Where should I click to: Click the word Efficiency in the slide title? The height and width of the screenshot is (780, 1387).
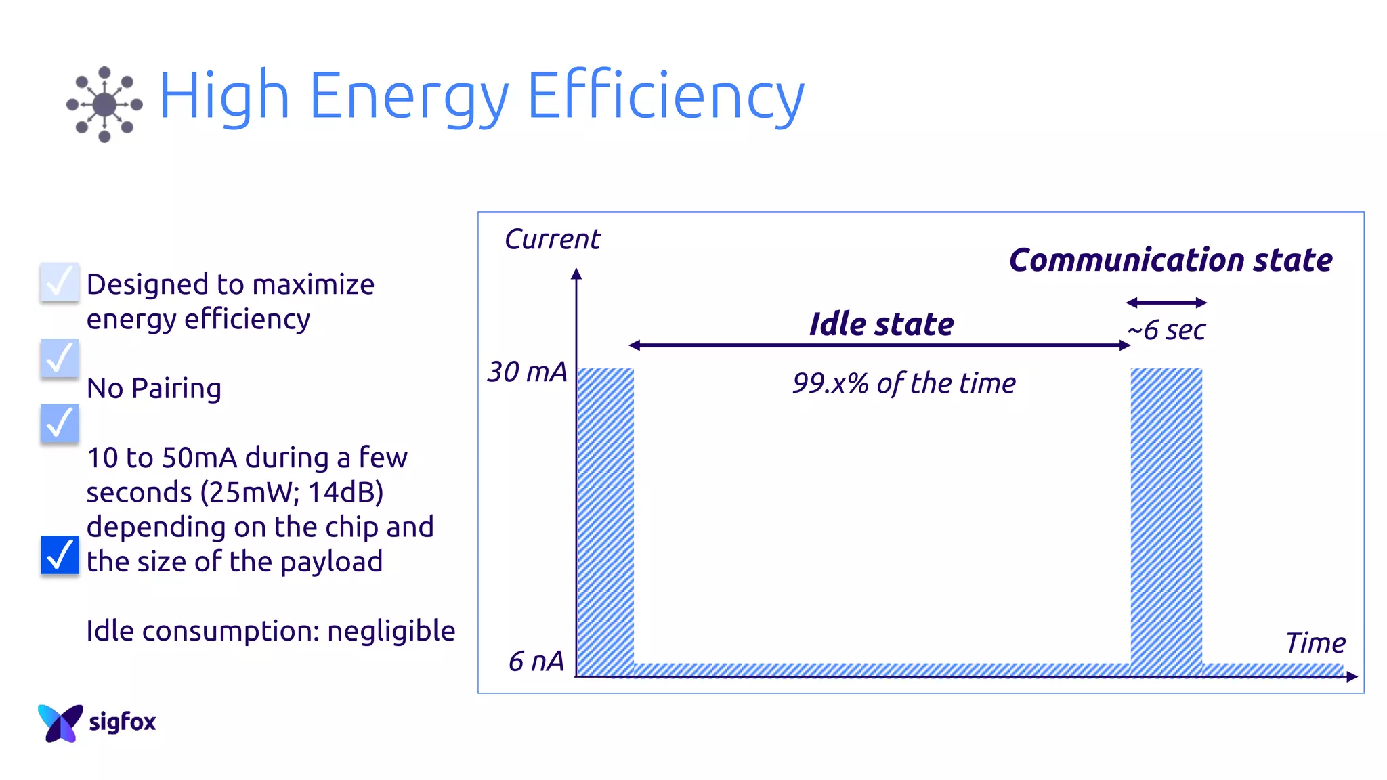point(665,96)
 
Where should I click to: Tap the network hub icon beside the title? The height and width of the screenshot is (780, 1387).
point(104,104)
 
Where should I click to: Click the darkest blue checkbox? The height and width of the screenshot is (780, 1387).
point(60,555)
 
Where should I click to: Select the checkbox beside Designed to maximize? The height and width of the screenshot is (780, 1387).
point(60,282)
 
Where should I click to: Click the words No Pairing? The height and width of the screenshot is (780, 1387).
point(154,389)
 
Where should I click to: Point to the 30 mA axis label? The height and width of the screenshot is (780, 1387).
point(527,372)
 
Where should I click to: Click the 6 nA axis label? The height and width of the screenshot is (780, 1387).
point(536,661)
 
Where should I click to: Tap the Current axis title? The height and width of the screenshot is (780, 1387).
point(552,239)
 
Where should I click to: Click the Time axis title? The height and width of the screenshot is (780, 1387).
point(1315,643)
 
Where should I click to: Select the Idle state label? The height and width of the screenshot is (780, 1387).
point(881,324)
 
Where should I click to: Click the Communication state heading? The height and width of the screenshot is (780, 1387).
point(1170,260)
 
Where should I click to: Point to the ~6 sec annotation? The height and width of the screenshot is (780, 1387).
point(1166,330)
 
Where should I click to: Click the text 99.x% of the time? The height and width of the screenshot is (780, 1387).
point(903,383)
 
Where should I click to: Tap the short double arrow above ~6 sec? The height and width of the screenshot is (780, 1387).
point(1166,303)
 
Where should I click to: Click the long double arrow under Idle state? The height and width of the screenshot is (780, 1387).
point(879,345)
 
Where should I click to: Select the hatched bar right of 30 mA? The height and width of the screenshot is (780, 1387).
point(605,521)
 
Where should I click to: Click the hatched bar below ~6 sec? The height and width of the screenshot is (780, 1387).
point(1166,521)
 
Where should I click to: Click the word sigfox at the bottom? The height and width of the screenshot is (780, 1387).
point(123,722)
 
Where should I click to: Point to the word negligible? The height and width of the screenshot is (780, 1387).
point(391,631)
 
